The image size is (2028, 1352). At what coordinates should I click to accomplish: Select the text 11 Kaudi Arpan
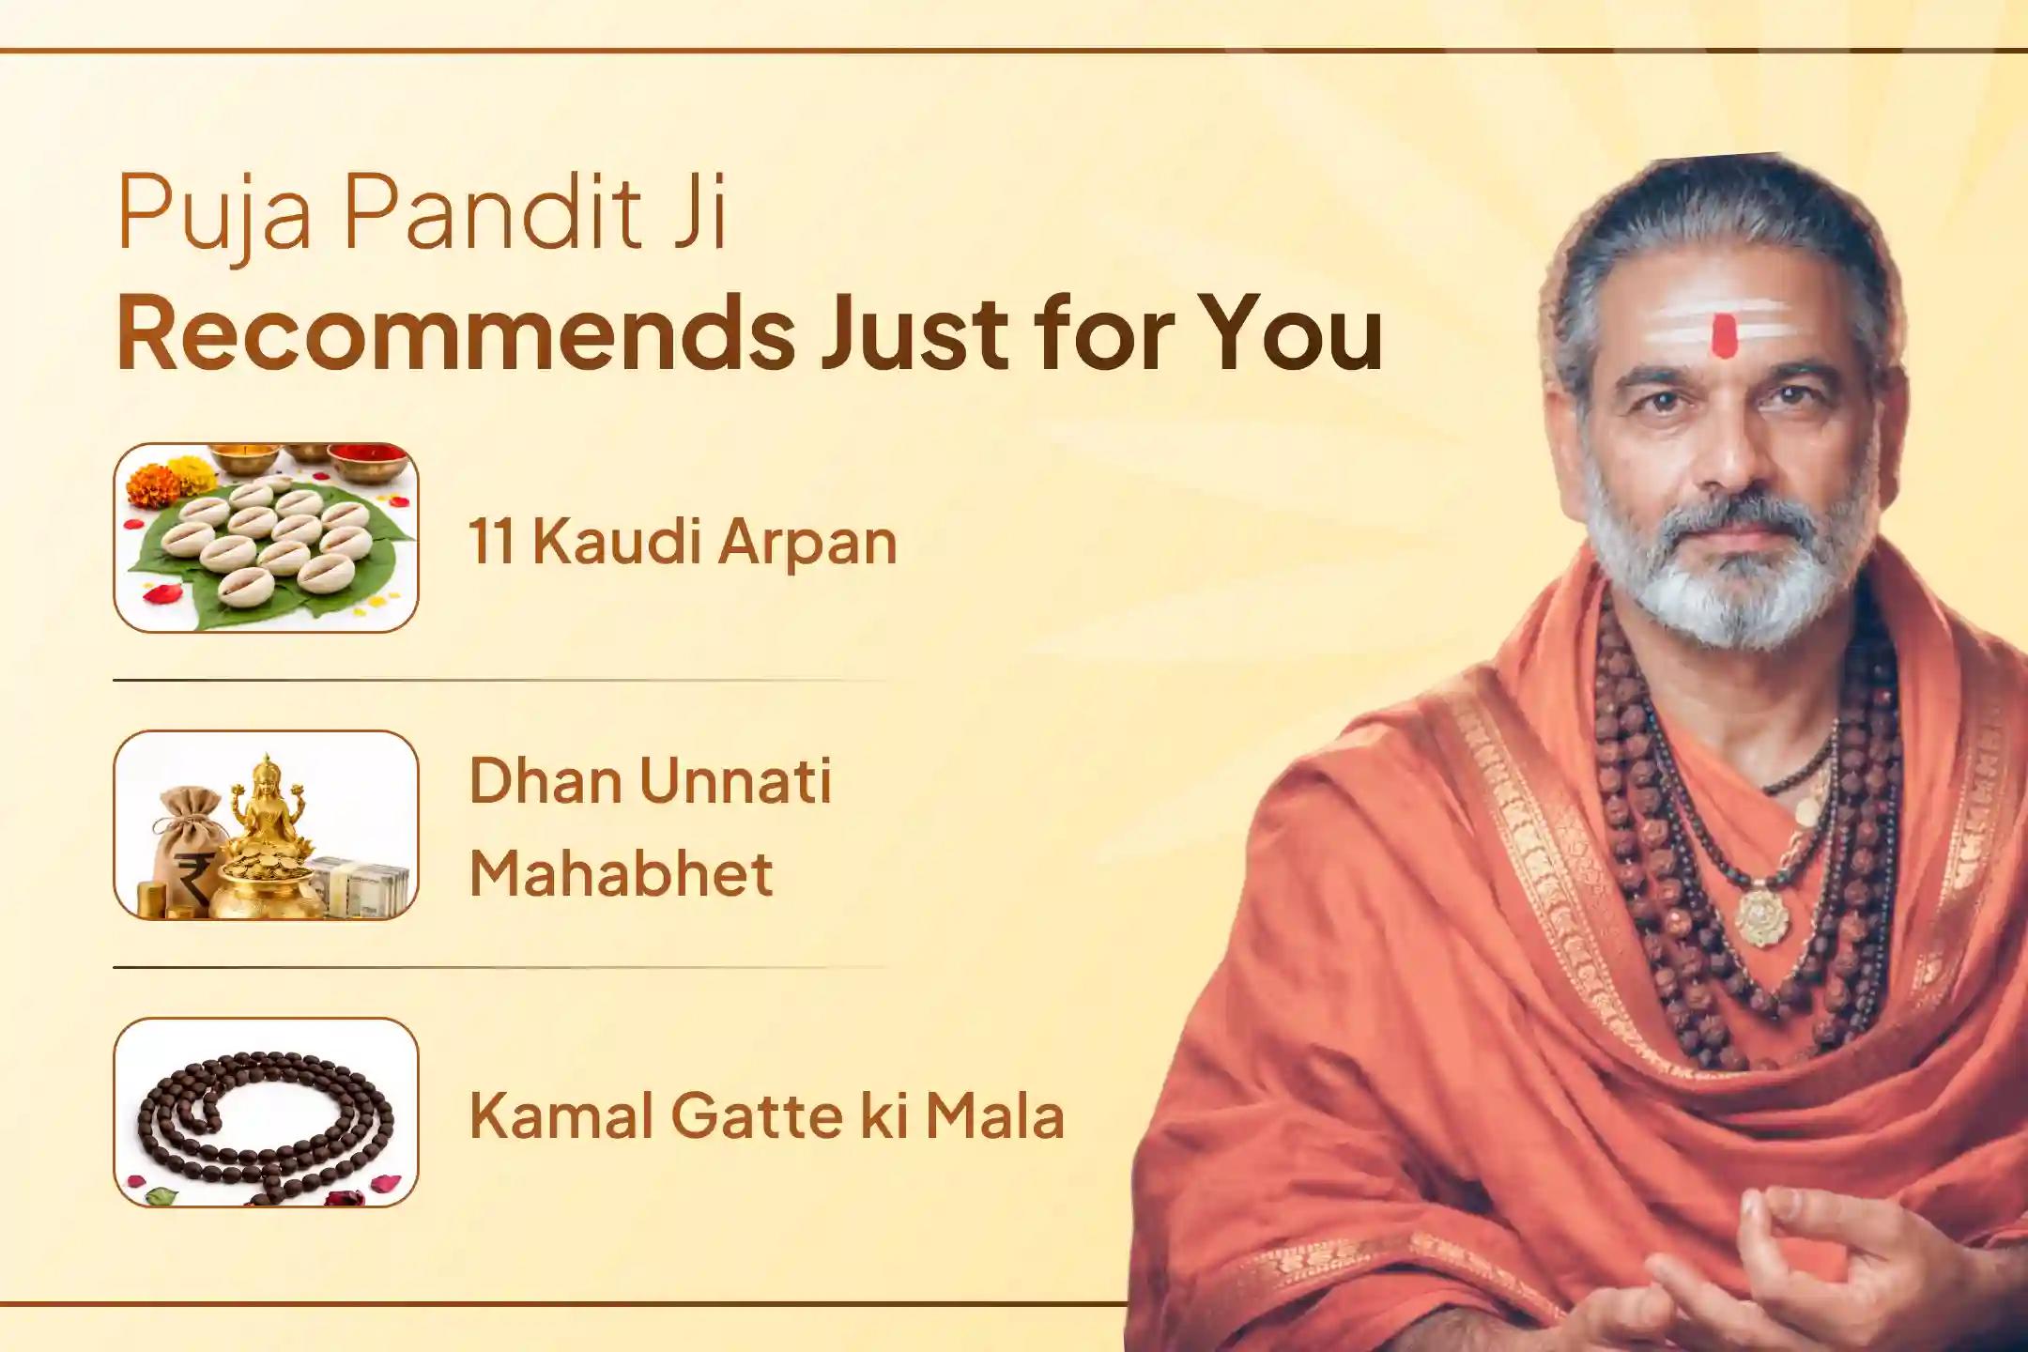click(x=683, y=542)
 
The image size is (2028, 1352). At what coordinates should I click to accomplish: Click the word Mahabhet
click(x=621, y=873)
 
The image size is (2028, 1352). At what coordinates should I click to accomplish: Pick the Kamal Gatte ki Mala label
click(x=766, y=1115)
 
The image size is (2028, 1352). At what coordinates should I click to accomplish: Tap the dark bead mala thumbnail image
click(x=265, y=1113)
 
